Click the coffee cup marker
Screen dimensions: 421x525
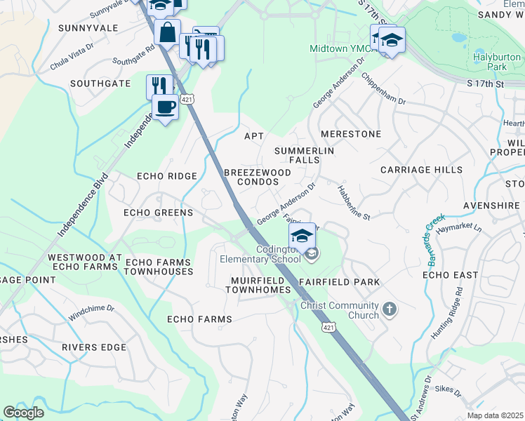pos(165,107)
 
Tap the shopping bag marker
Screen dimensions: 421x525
pos(168,32)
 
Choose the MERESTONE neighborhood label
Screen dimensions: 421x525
pos(350,134)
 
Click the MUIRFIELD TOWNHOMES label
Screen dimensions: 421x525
pos(260,285)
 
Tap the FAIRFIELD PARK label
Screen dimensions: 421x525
pos(339,282)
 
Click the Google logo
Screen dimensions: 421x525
pos(23,413)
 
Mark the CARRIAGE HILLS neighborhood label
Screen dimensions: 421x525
pos(421,170)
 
